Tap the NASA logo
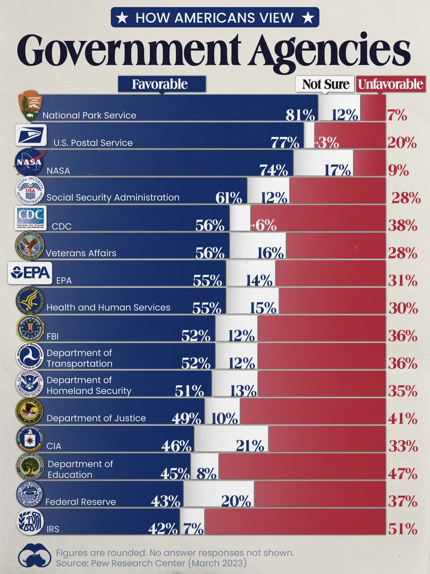[x=29, y=163]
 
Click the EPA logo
[x=30, y=273]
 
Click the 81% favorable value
[x=300, y=115]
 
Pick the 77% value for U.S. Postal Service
[x=285, y=143]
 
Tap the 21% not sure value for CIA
[x=250, y=446]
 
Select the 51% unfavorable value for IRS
[x=403, y=529]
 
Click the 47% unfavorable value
[x=403, y=474]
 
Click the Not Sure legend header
[x=325, y=84]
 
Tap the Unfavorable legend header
[x=391, y=84]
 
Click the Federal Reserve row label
[x=81, y=502]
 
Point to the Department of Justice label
[x=96, y=418]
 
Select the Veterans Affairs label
[x=81, y=253]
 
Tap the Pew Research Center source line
[x=151, y=563]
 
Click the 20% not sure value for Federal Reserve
[x=236, y=501]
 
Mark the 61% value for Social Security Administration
[x=229, y=198]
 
